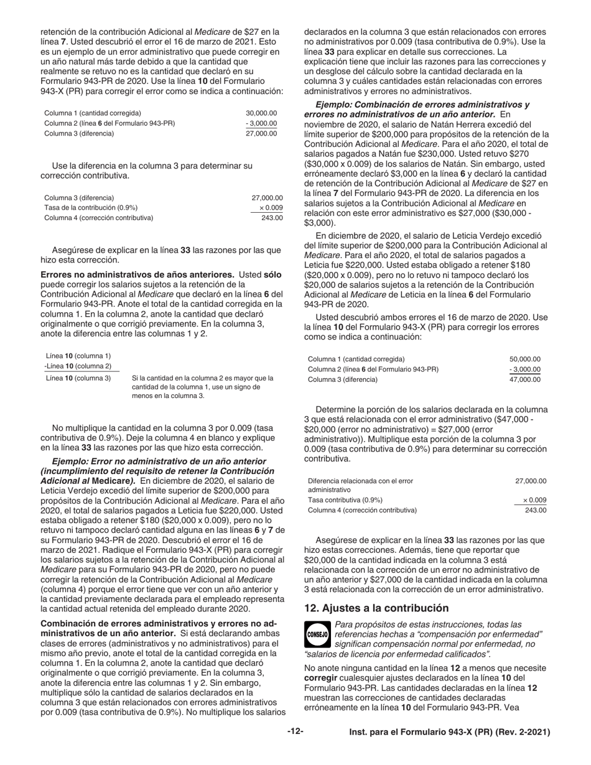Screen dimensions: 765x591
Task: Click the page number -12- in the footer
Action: (x=295, y=732)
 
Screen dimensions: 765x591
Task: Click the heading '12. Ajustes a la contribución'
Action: (x=376, y=608)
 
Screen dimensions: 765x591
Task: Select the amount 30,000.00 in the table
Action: (x=261, y=113)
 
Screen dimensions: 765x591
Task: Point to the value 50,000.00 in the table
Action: (x=525, y=359)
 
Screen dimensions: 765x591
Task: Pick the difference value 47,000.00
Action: (x=525, y=379)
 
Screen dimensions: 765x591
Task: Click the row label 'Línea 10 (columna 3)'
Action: (x=78, y=378)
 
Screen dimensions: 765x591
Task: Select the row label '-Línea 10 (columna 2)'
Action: (x=78, y=366)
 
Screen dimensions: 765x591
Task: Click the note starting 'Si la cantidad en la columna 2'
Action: (x=203, y=386)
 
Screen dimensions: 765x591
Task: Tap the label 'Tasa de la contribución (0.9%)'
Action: (x=91, y=208)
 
